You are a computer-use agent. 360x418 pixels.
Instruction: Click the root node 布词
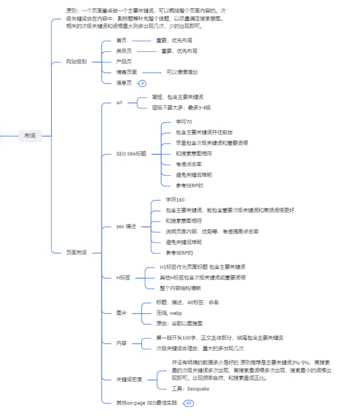click(x=30, y=136)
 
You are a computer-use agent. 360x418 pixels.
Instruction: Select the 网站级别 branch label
click(x=76, y=61)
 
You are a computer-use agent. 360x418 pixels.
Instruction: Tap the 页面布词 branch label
click(x=76, y=252)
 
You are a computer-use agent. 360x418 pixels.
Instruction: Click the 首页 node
click(x=121, y=40)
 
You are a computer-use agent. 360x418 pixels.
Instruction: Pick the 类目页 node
click(x=124, y=51)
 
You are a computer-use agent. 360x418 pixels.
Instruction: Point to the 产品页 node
click(x=124, y=61)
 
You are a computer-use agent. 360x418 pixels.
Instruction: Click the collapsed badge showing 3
click(x=142, y=83)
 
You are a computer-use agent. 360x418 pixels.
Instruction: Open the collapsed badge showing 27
click(x=188, y=403)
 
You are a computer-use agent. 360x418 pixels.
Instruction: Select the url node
click(x=119, y=102)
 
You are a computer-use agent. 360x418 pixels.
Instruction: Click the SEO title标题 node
click(x=131, y=154)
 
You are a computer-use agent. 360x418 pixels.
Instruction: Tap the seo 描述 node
click(x=126, y=226)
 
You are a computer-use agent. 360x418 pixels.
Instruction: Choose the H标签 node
click(x=123, y=278)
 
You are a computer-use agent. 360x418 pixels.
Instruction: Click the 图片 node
click(x=121, y=313)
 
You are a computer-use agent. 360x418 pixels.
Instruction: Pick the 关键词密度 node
click(x=129, y=379)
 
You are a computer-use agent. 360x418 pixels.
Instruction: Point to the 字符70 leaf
click(x=184, y=122)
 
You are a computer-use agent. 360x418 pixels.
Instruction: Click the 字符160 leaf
click(x=175, y=200)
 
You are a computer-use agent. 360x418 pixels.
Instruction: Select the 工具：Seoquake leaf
click(x=190, y=389)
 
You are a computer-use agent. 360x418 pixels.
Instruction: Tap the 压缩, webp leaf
click(x=169, y=313)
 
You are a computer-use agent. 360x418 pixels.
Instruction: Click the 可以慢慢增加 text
click(x=182, y=72)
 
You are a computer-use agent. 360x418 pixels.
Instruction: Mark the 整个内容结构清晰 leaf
click(x=180, y=288)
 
